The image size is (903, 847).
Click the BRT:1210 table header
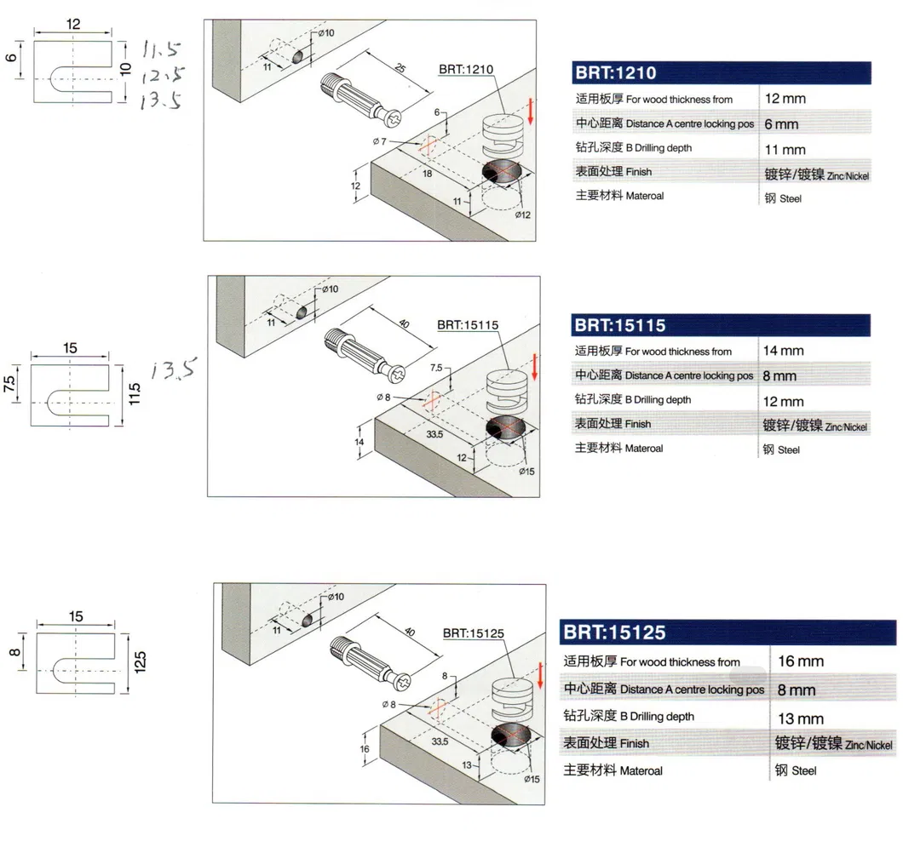coord(615,73)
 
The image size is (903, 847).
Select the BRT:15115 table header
coord(619,325)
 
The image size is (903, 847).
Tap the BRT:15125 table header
coord(613,632)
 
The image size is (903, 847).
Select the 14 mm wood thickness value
coord(784,351)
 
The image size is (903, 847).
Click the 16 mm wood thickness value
coord(800,661)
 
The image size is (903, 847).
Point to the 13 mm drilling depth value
coord(800,718)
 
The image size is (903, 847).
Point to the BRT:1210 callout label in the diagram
coord(466,69)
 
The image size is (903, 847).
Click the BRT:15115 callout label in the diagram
coord(467,323)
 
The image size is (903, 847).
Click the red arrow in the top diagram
coord(530,112)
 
